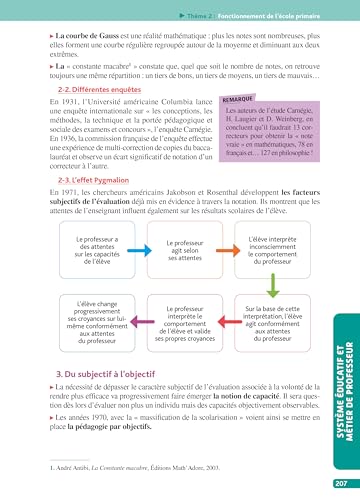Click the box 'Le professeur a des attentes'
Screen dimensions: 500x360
coord(93,256)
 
